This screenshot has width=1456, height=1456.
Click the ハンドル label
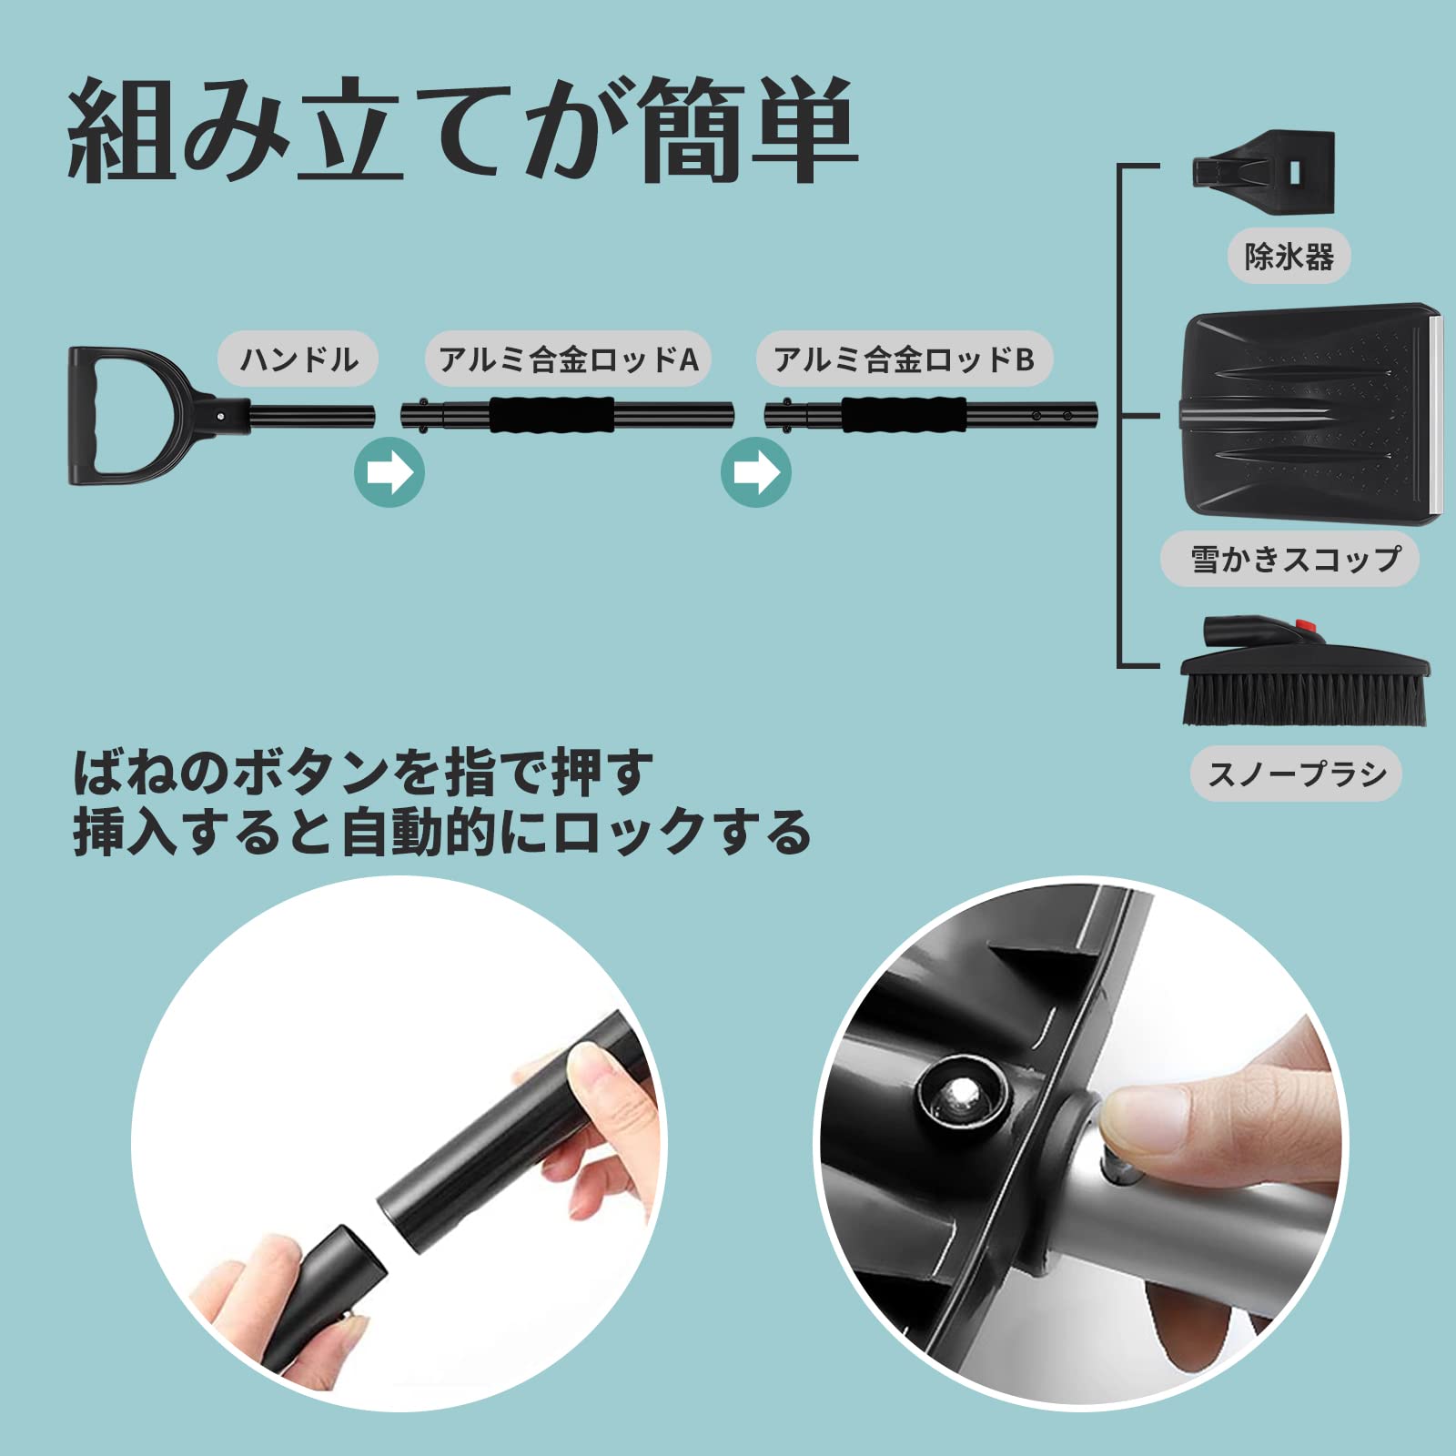(298, 359)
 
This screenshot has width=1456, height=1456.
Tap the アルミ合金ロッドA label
(568, 359)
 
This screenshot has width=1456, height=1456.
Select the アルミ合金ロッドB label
(904, 359)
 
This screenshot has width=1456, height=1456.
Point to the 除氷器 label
(1289, 257)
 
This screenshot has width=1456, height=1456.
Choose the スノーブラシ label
(1296, 774)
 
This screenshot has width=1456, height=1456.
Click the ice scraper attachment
(1265, 172)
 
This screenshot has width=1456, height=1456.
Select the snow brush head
(1303, 678)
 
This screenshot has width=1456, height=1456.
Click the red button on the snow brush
(1307, 627)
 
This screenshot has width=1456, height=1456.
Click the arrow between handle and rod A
(389, 472)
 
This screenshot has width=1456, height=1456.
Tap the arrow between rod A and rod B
(756, 472)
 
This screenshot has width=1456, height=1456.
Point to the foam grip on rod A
(552, 415)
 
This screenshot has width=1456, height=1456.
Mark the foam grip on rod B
(904, 415)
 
